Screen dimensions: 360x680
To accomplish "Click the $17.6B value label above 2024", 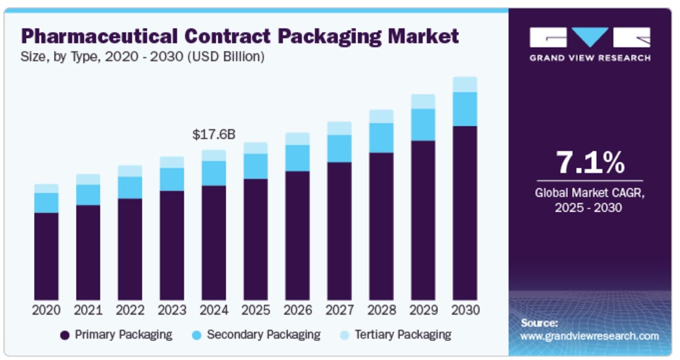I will (x=213, y=135).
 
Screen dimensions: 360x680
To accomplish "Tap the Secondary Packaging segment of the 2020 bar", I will (x=46, y=203).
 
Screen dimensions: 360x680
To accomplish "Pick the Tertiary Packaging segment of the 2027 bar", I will (x=339, y=129).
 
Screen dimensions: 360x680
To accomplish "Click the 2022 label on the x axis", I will (x=130, y=310).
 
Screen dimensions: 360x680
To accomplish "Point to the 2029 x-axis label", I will (x=423, y=310).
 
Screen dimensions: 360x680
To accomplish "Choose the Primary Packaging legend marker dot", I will (x=65, y=335).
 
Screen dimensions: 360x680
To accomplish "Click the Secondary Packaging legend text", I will (x=263, y=335).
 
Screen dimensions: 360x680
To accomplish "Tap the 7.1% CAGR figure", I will (x=589, y=163).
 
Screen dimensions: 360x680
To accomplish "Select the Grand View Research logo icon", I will (x=589, y=37).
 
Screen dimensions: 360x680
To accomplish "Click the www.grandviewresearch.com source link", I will (x=589, y=336).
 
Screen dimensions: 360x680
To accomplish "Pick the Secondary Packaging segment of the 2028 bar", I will (x=381, y=138).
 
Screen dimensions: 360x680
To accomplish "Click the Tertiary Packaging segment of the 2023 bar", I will (x=171, y=163).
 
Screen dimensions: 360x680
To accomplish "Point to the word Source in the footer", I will (x=539, y=323).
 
